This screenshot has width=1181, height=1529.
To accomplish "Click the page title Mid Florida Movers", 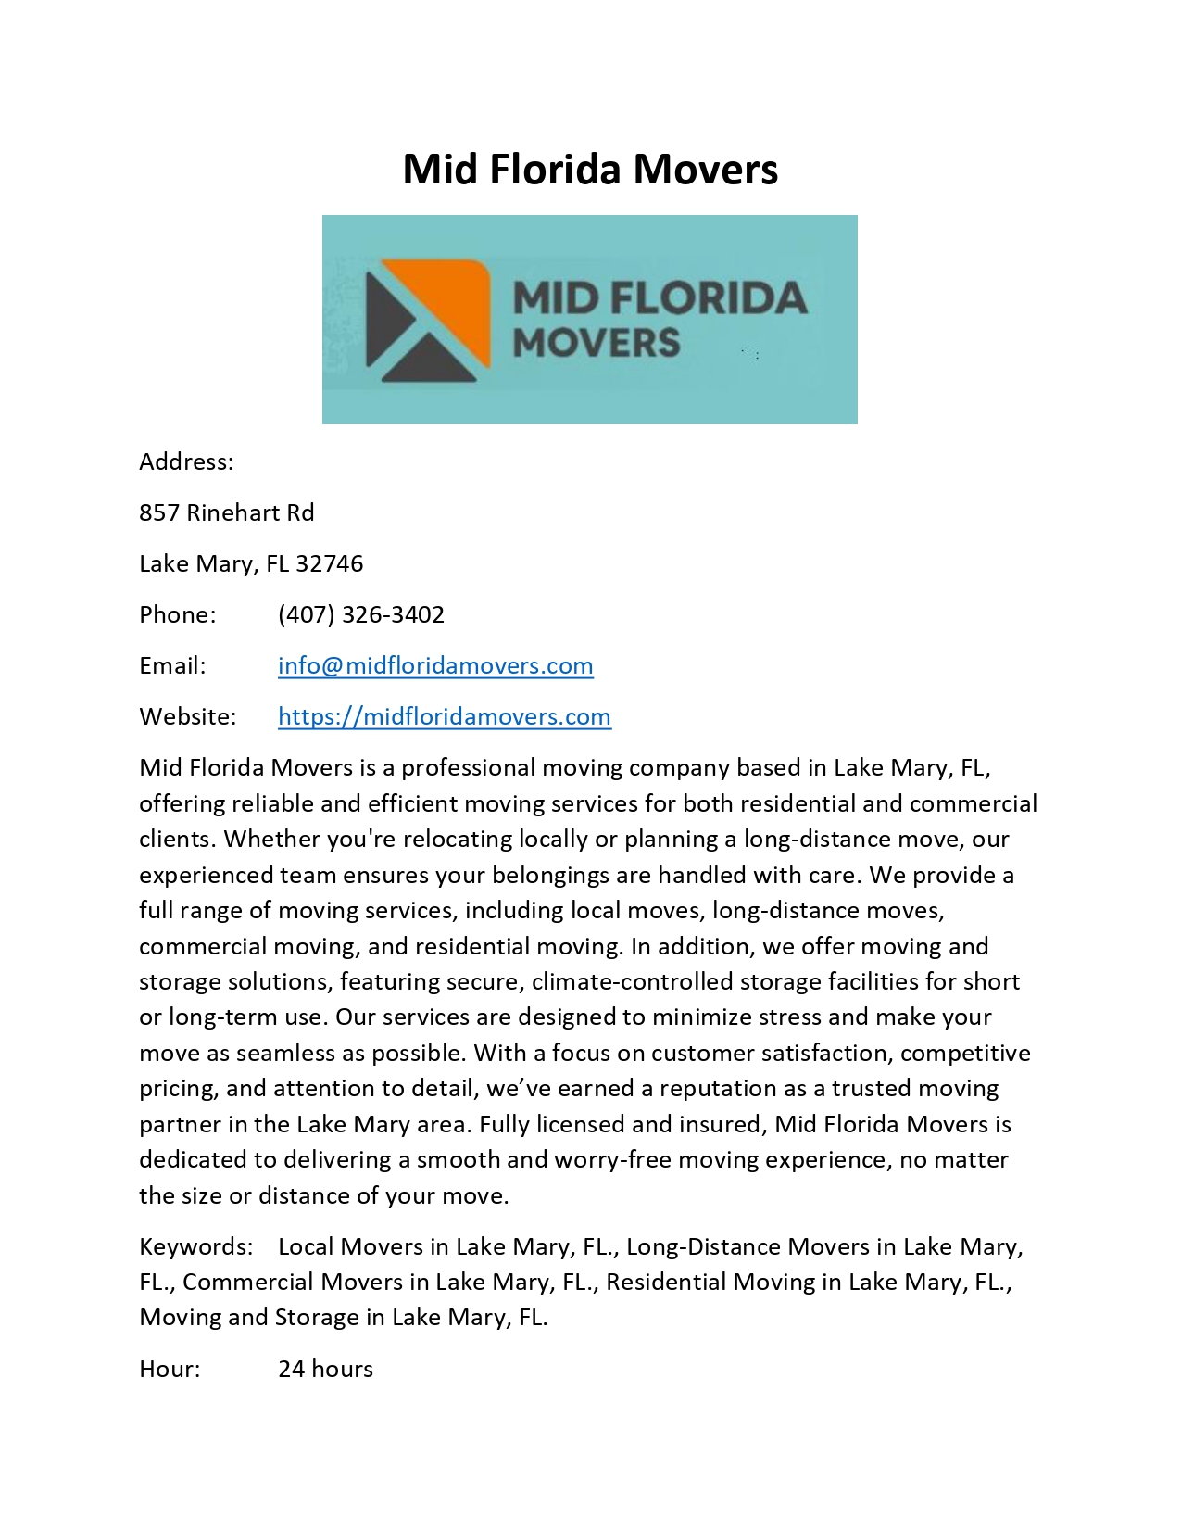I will [x=590, y=170].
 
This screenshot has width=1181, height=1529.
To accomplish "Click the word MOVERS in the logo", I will [x=597, y=343].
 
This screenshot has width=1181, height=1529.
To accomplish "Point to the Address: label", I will [x=186, y=461].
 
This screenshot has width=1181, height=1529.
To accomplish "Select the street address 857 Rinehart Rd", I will [x=227, y=512].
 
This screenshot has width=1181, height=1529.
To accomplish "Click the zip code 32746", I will [x=330, y=563].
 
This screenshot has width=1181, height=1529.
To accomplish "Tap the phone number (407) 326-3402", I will [x=361, y=614].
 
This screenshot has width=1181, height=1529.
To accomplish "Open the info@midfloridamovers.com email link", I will [x=435, y=665].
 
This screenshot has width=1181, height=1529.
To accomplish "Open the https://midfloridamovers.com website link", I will [x=445, y=716].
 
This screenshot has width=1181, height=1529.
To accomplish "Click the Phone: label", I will [x=177, y=614].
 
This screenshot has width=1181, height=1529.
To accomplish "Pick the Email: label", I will [x=172, y=665].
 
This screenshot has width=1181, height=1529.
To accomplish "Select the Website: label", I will [x=187, y=716].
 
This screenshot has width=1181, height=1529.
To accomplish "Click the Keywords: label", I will [x=195, y=1246].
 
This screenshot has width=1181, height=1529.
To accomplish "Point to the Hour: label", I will [x=170, y=1369].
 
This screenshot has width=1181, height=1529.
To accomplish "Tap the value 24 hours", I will [x=325, y=1369].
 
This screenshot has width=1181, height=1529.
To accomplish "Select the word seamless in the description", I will [x=287, y=1053].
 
